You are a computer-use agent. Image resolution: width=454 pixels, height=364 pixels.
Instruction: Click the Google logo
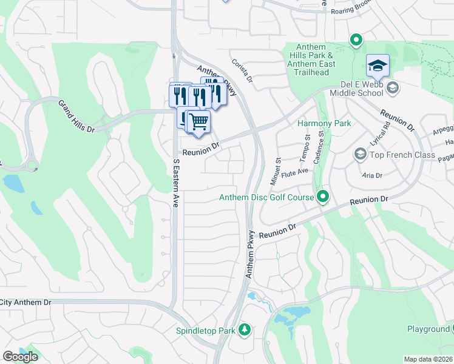20,357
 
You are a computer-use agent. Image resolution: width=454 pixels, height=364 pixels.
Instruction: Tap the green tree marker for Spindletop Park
244,329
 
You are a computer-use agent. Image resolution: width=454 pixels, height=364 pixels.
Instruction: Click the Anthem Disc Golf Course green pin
323,197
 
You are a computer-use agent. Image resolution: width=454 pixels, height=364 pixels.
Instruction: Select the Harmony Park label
325,123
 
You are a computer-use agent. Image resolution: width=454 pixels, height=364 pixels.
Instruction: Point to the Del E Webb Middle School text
357,89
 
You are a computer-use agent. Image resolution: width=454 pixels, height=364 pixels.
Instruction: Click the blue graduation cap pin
377,66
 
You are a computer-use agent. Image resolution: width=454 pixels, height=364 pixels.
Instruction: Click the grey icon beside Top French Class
360,155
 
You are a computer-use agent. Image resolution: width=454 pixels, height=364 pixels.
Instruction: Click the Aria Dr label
371,175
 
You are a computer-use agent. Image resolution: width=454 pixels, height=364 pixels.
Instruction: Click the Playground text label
428,329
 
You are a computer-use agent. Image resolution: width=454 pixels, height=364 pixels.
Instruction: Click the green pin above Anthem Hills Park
356,41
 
